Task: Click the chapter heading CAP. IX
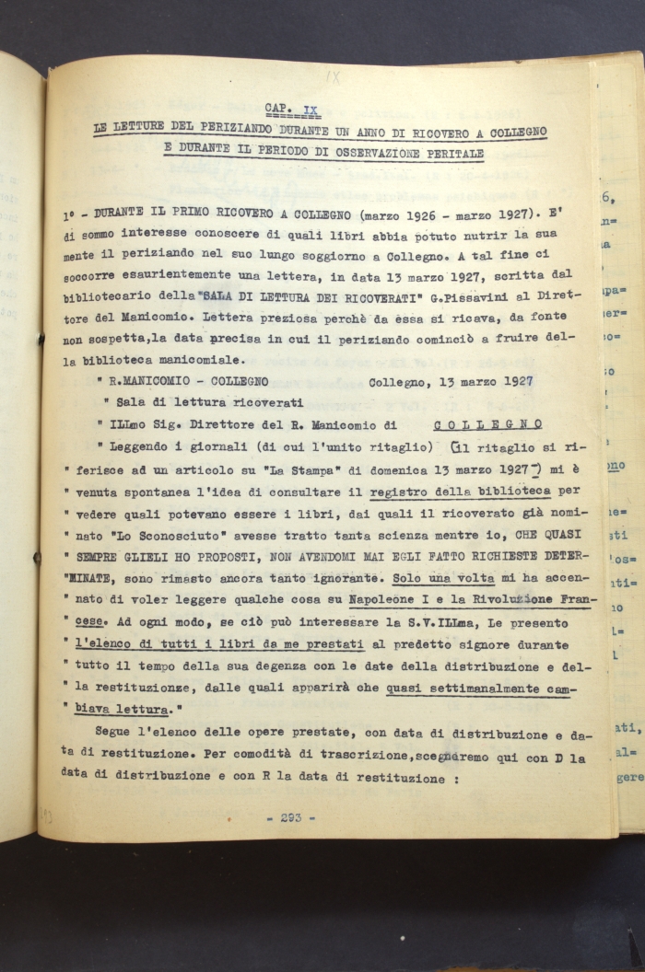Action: click(x=291, y=110)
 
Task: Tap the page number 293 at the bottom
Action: click(x=297, y=817)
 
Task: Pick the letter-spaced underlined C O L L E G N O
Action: click(x=487, y=424)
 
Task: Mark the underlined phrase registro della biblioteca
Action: click(x=461, y=492)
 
